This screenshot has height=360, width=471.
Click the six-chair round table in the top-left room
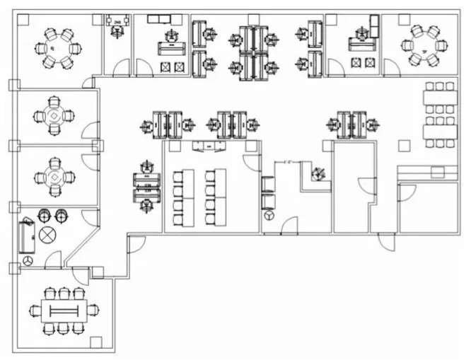point(57,47)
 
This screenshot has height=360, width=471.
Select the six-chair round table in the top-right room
point(424,46)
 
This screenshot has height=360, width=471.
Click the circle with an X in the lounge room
point(48,236)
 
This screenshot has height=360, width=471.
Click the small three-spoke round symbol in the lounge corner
point(28,261)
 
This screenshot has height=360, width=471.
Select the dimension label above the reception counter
point(288,162)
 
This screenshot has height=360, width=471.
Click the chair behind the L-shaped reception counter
point(318,172)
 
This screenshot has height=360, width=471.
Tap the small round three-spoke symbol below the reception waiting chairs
point(269,214)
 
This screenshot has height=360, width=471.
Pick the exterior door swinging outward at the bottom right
point(386,240)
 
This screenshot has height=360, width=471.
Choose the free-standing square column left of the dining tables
point(404,146)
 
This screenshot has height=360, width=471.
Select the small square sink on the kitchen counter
point(437,172)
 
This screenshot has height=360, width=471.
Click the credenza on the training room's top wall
point(210,146)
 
